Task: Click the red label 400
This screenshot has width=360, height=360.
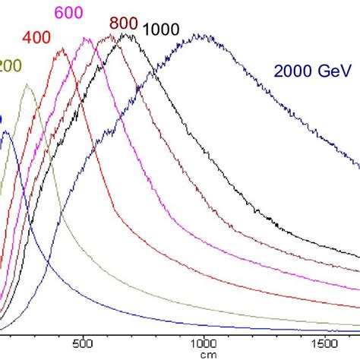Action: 37,37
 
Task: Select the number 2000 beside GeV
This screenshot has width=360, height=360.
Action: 290,72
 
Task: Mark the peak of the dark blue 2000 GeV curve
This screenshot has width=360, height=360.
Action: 200,35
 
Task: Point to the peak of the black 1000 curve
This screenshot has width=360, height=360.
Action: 128,34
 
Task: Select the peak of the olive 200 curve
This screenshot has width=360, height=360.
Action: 27,84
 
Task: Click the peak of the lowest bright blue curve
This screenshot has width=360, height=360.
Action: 5,132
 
